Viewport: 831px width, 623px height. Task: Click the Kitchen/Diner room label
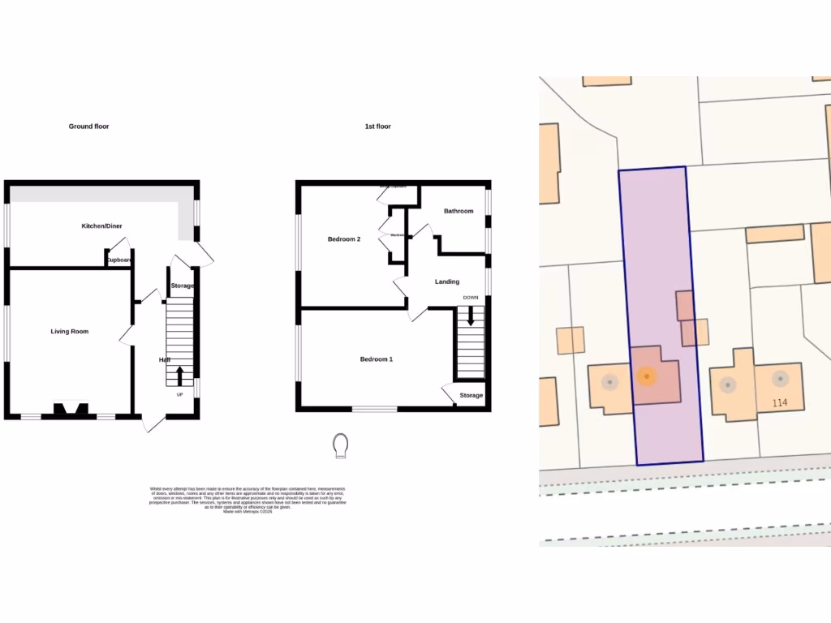[102, 226]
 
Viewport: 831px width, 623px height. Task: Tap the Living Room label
[70, 332]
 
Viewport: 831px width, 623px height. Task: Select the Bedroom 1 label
[377, 359]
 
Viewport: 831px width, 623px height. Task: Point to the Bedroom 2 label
[344, 239]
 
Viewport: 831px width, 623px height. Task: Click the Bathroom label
[459, 211]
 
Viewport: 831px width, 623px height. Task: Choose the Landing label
[447, 281]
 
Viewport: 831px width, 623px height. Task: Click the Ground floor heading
[88, 127]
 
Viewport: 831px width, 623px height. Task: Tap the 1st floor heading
[377, 127]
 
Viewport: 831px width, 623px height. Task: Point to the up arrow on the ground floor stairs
[179, 376]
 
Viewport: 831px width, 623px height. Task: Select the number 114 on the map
[780, 403]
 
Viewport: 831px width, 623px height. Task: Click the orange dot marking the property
[646, 376]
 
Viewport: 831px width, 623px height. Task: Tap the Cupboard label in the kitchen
[119, 260]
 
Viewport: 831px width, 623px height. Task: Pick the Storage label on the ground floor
[183, 286]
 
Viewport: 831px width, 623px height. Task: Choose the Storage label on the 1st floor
[471, 396]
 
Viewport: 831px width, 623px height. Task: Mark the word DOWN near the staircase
[471, 298]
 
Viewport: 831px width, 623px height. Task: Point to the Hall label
[164, 359]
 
